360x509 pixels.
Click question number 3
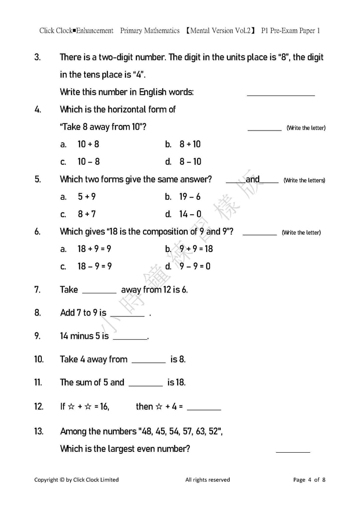click(37, 57)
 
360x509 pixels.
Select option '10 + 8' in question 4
click(88, 144)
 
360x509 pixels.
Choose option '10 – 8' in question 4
click(88, 162)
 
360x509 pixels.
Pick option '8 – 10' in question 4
click(190, 162)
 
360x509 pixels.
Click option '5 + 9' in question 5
click(86, 197)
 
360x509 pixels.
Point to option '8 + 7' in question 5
click(86, 214)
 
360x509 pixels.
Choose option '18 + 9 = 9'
click(94, 249)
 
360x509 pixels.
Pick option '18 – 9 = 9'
click(94, 266)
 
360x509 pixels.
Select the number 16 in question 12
click(104, 407)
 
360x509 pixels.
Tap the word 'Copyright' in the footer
click(46, 480)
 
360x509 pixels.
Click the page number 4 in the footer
click(310, 480)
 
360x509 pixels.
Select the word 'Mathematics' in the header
click(162, 31)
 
